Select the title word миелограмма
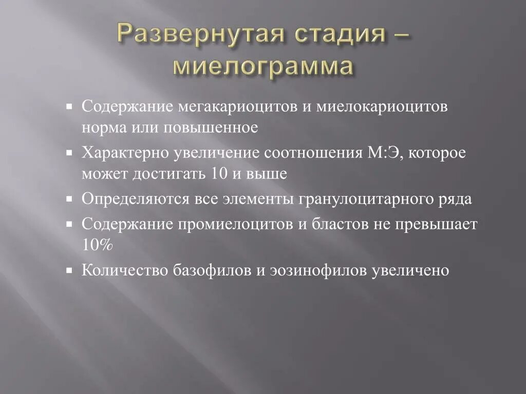(264, 67)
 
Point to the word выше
(268, 173)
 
